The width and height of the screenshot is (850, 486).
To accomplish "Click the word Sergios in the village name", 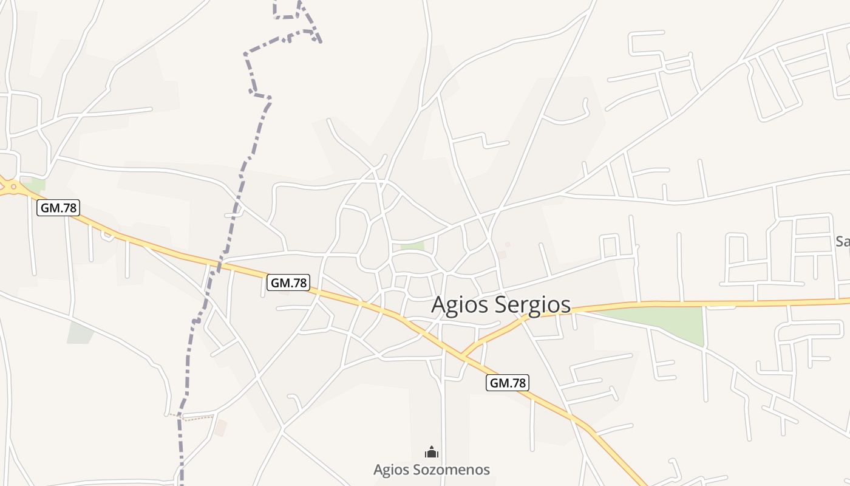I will pyautogui.click(x=533, y=305).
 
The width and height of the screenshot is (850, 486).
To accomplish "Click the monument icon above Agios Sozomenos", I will pyautogui.click(x=432, y=452).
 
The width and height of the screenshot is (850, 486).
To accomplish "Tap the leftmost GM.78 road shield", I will pyautogui.click(x=58, y=208).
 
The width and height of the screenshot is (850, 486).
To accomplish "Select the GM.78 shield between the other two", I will pyautogui.click(x=288, y=282).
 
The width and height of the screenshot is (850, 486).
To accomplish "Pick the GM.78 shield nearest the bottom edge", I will pyautogui.click(x=508, y=383).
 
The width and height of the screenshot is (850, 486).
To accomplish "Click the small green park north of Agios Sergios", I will pyautogui.click(x=412, y=246).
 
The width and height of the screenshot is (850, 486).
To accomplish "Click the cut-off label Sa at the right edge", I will pyautogui.click(x=842, y=241).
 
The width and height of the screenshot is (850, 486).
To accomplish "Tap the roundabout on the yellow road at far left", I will pyautogui.click(x=12, y=187).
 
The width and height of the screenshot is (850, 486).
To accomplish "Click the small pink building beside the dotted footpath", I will pyautogui.click(x=220, y=428).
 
